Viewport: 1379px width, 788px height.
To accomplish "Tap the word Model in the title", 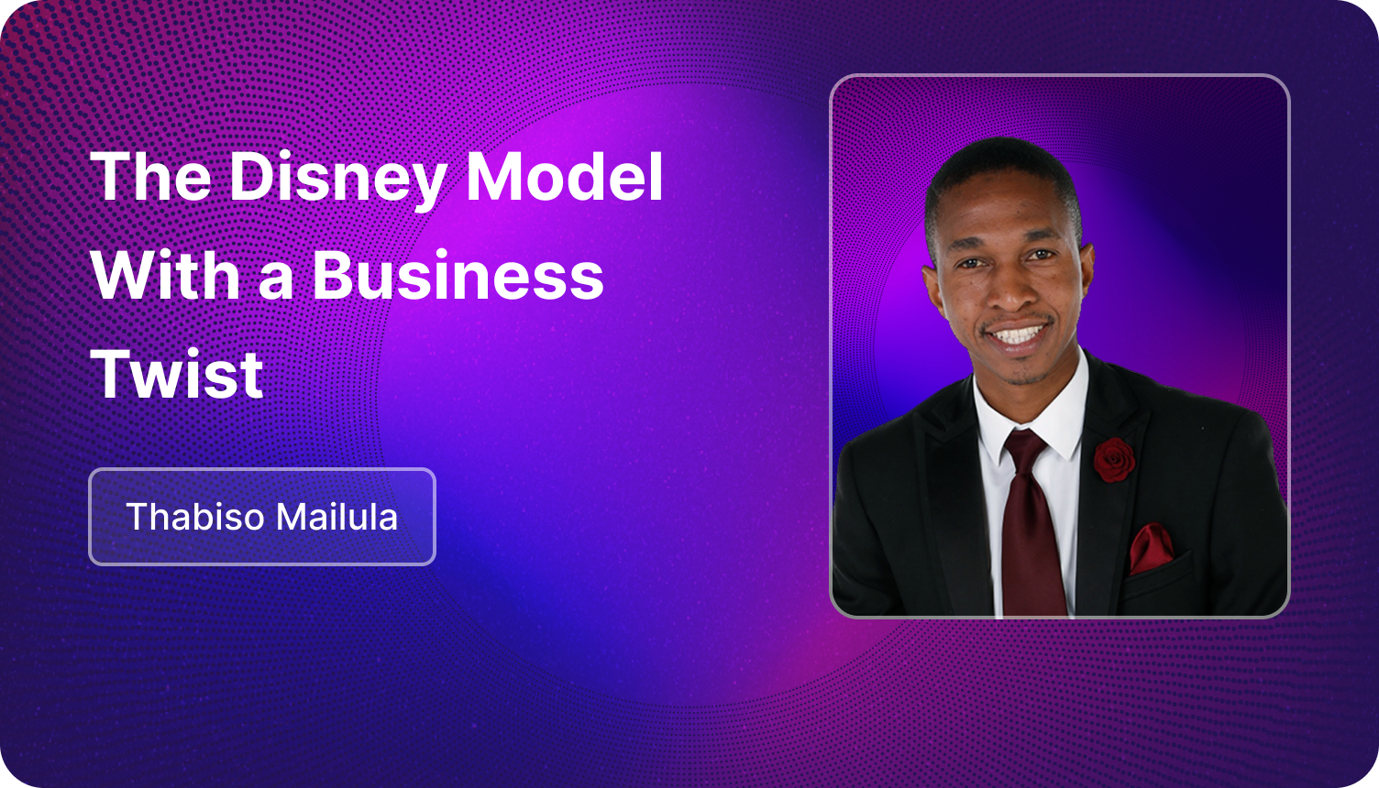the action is [564, 176].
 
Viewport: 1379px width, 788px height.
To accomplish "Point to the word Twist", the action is [177, 374].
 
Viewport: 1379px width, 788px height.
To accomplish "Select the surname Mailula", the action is [336, 516].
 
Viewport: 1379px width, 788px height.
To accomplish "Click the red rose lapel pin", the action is [1114, 459].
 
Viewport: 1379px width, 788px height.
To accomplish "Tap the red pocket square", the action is [1151, 548].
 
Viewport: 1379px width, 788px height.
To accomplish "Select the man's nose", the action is [1009, 290].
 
